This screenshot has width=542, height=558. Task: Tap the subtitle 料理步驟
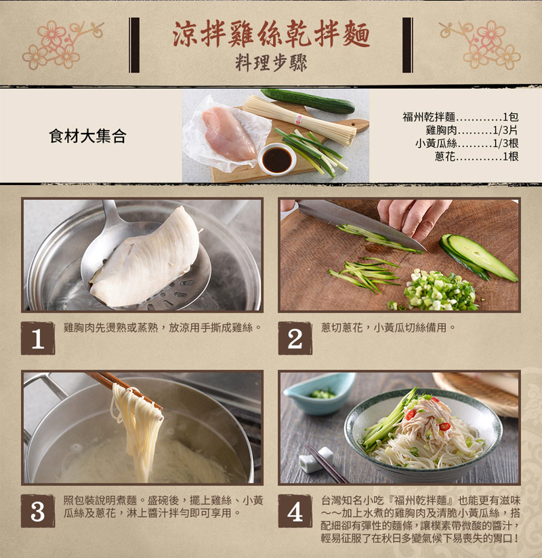click(x=271, y=63)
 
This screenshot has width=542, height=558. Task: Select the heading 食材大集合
click(x=87, y=136)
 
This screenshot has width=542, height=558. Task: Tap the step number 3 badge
click(x=37, y=511)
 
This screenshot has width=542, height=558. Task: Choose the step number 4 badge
click(x=295, y=511)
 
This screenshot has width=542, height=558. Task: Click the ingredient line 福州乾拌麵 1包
click(x=460, y=116)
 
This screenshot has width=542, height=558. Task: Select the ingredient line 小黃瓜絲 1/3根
click(x=467, y=143)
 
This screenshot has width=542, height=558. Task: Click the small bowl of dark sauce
click(x=277, y=159)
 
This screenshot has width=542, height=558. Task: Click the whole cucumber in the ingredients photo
click(x=308, y=100)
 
